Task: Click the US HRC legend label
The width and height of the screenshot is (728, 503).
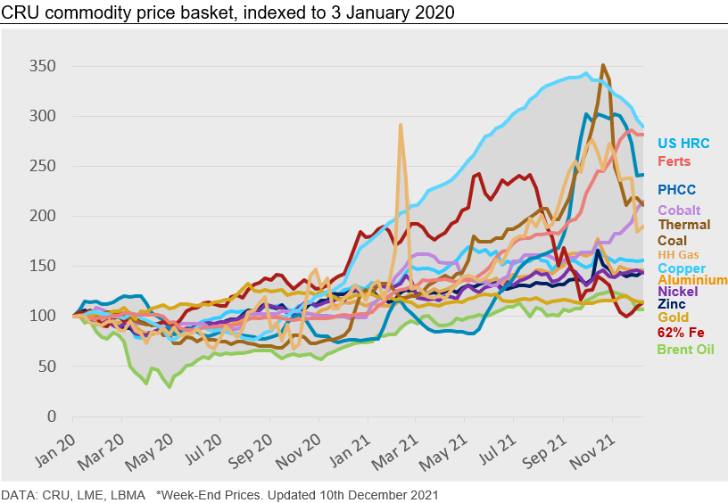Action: click(x=683, y=143)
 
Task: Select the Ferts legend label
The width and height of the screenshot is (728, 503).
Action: click(x=674, y=161)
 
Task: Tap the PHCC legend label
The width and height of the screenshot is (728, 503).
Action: click(x=676, y=189)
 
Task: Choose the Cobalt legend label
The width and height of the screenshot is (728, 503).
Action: click(x=679, y=210)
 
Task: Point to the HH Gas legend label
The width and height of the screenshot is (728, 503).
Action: click(x=679, y=255)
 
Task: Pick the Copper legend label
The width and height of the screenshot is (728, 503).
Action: click(x=681, y=268)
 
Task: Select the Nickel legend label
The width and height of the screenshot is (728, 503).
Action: click(x=677, y=292)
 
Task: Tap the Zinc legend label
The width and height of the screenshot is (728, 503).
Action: click(x=672, y=304)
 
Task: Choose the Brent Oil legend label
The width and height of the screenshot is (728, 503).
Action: click(x=685, y=349)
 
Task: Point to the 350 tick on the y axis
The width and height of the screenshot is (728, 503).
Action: click(x=42, y=67)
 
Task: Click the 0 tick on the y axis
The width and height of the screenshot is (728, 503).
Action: click(x=52, y=416)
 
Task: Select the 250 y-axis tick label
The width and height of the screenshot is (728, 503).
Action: click(x=42, y=167)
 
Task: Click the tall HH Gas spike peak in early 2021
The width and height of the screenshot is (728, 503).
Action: click(x=401, y=126)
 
